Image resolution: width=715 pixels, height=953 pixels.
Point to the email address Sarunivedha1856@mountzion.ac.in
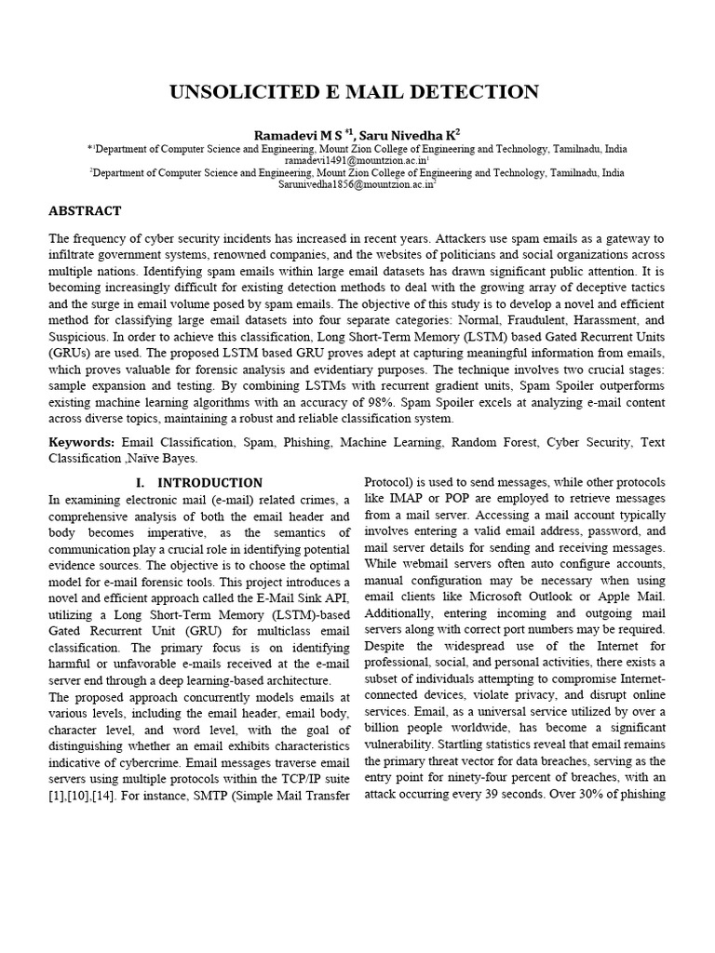tap(357, 184)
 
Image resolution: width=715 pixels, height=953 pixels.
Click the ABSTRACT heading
tap(85, 211)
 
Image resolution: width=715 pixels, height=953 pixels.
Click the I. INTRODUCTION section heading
tap(199, 483)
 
